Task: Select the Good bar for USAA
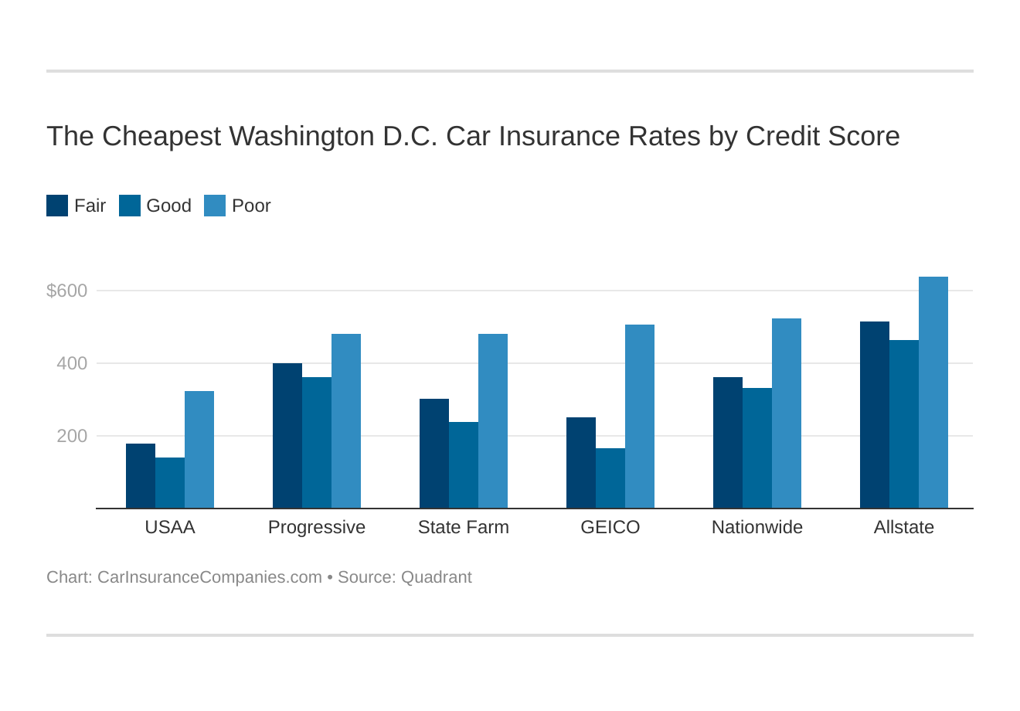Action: point(170,483)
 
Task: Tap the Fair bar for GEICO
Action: point(581,463)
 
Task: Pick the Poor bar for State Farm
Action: point(493,421)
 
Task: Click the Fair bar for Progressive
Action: point(287,436)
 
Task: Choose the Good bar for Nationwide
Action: point(757,448)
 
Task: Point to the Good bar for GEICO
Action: point(610,478)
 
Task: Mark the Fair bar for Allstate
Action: point(875,415)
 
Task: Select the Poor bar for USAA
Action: point(199,450)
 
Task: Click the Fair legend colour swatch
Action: point(57,206)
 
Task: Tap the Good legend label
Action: point(168,206)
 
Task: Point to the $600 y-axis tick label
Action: point(67,291)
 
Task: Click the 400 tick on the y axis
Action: point(72,363)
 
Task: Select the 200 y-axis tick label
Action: point(72,436)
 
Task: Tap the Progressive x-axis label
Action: point(317,527)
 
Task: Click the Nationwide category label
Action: point(757,527)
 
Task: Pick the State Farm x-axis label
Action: point(464,527)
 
